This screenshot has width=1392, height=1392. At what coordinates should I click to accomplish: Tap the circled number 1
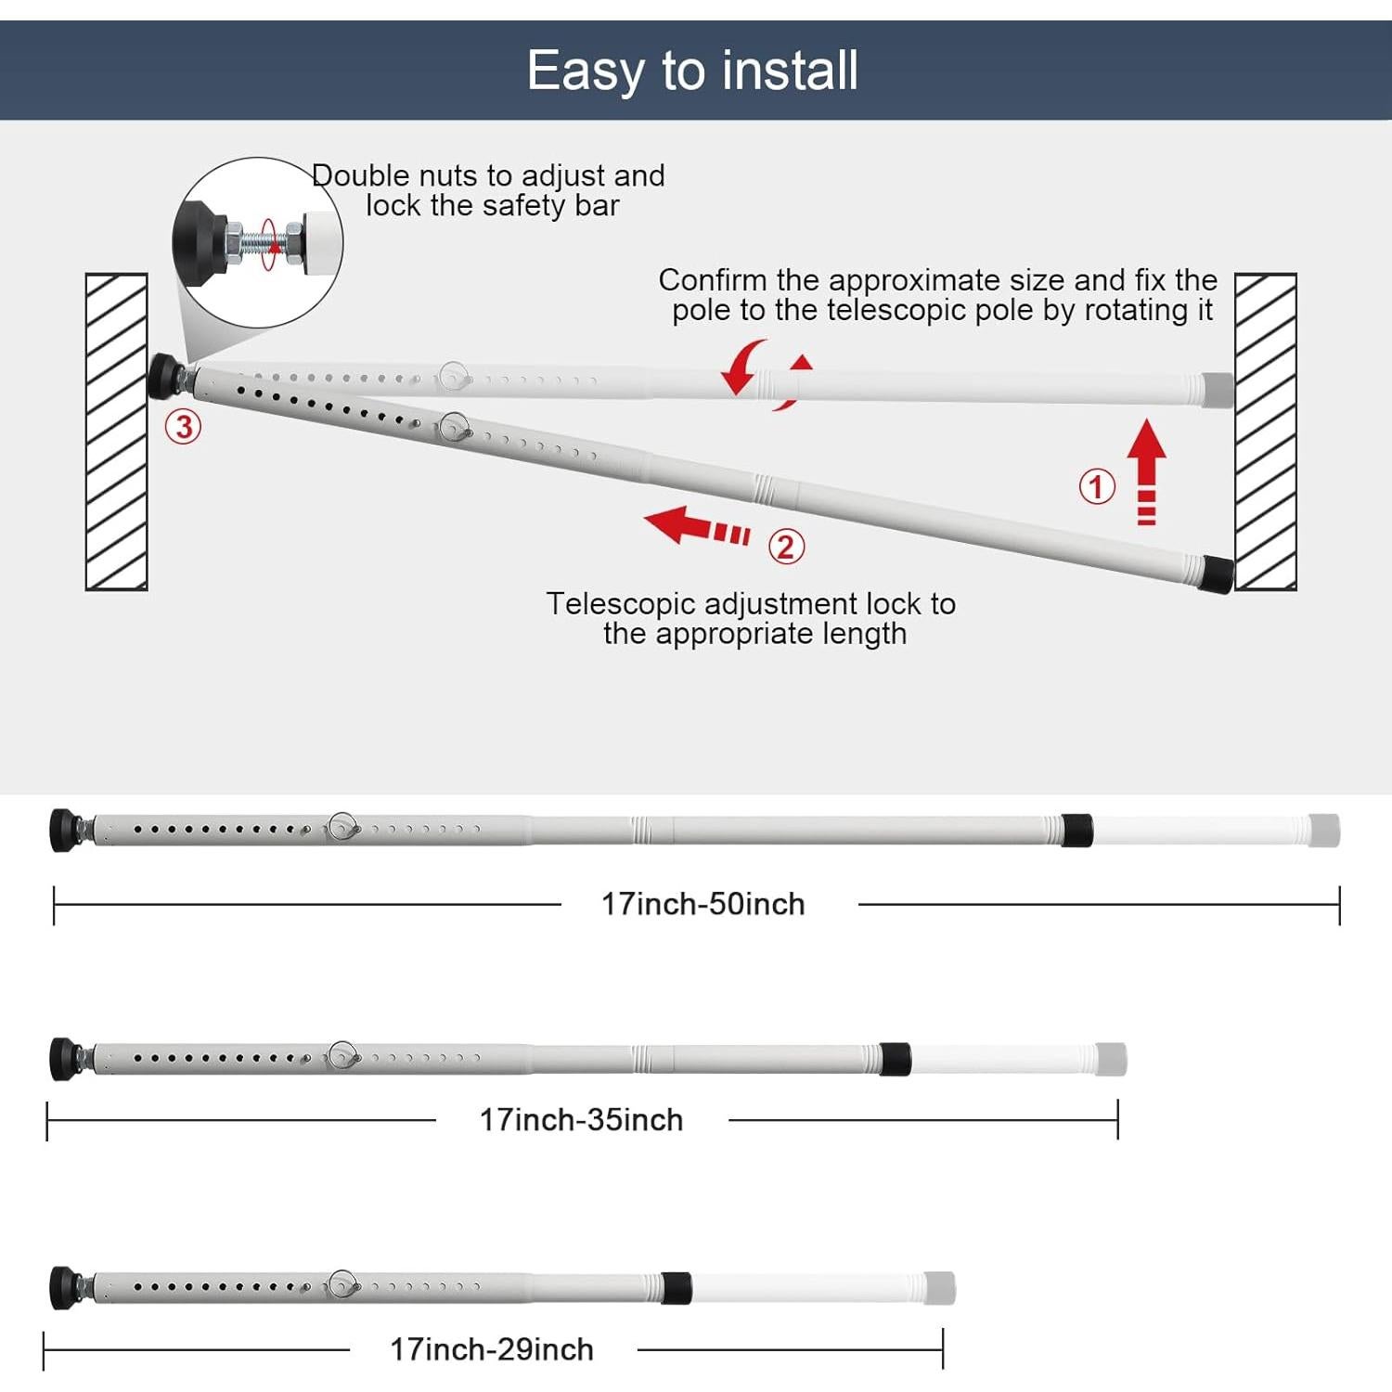click(1096, 486)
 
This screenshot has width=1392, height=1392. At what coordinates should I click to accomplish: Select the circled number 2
click(785, 547)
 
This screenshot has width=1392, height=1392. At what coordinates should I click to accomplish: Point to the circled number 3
click(183, 427)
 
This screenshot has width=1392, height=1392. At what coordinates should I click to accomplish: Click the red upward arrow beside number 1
click(1147, 469)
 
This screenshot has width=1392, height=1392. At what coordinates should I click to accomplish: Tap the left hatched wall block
click(117, 432)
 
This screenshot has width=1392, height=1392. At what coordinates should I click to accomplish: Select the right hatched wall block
click(1265, 432)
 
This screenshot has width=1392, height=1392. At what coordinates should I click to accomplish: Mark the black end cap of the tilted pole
click(1217, 574)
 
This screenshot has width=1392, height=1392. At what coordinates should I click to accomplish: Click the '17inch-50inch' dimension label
click(702, 904)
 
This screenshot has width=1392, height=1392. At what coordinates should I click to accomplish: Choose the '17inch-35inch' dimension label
click(581, 1120)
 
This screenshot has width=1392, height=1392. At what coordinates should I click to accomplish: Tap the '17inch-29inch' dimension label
click(491, 1349)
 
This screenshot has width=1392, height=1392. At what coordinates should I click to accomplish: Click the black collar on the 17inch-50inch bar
click(1076, 830)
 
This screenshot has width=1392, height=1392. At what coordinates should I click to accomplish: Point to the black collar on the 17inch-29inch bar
click(677, 1288)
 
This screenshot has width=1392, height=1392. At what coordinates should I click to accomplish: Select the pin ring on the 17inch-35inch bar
click(343, 1056)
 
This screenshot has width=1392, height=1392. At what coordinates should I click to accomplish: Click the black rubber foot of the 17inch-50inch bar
click(64, 829)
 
